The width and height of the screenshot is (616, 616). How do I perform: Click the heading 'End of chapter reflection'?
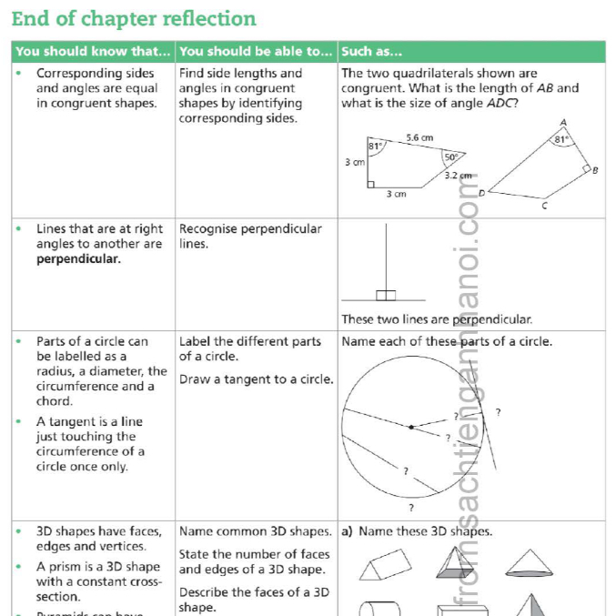click(x=134, y=19)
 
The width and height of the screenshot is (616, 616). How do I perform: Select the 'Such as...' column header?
click(x=372, y=51)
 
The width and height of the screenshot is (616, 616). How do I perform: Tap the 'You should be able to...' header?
click(x=256, y=51)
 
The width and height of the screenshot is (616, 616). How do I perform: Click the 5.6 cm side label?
click(x=419, y=137)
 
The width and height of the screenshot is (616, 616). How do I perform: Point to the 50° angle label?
click(x=450, y=157)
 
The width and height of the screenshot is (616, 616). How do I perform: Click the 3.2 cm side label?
click(x=458, y=175)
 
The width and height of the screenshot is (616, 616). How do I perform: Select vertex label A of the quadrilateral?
click(x=563, y=122)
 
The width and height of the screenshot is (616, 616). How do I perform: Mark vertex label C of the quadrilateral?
click(x=544, y=207)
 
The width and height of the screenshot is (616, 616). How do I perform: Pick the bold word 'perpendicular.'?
click(x=78, y=259)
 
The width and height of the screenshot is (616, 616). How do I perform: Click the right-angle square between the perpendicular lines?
click(x=387, y=295)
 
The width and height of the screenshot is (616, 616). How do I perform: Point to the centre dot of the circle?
click(x=411, y=426)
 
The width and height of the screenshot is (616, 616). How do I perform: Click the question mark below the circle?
click(x=411, y=507)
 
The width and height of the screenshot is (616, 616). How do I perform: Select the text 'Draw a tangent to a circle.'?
click(x=256, y=379)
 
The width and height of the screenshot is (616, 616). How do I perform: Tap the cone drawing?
click(x=530, y=563)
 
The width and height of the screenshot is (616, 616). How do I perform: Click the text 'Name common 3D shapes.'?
click(x=255, y=531)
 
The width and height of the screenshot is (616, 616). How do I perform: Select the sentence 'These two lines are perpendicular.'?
click(x=436, y=319)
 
